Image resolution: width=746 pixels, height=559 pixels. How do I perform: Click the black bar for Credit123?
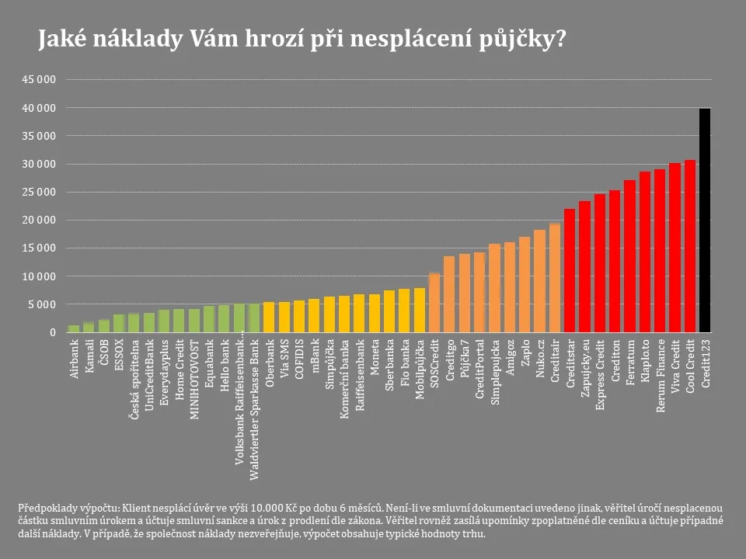click(x=705, y=221)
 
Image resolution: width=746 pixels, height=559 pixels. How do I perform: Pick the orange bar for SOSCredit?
click(x=434, y=303)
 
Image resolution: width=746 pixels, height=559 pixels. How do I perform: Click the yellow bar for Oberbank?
click(x=269, y=318)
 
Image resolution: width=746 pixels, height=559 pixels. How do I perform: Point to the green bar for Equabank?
click(x=209, y=319)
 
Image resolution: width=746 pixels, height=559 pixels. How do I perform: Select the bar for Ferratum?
click(x=629, y=257)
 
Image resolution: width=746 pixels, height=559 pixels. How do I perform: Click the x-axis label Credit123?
click(x=705, y=362)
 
